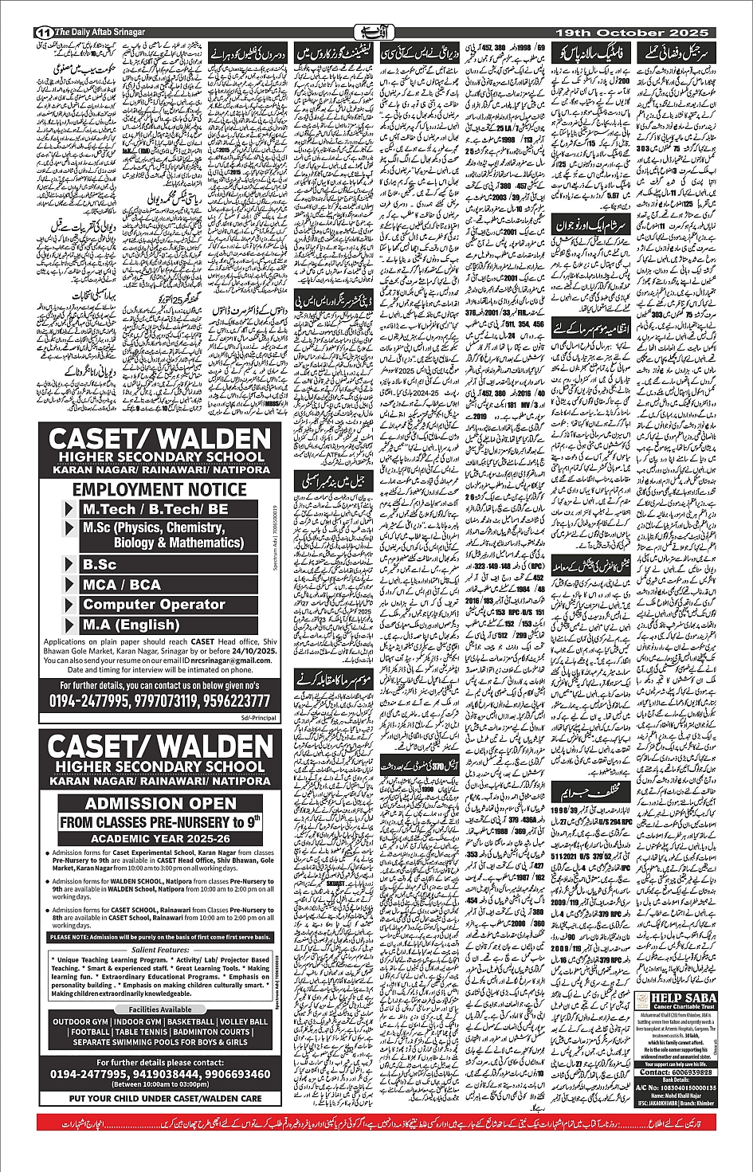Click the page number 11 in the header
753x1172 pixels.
click(x=42, y=33)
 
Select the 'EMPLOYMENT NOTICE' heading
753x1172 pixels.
click(x=159, y=489)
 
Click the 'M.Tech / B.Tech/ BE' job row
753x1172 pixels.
click(x=155, y=509)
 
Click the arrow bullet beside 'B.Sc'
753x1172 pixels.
click(x=70, y=565)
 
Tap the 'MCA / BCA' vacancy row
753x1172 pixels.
click(x=122, y=585)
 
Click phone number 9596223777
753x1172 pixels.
click(x=235, y=701)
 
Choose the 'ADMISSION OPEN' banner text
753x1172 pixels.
click(x=161, y=803)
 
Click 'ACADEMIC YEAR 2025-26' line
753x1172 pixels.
click(x=159, y=839)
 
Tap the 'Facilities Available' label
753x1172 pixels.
click(x=160, y=1009)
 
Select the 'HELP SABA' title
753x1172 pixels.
click(x=683, y=998)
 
